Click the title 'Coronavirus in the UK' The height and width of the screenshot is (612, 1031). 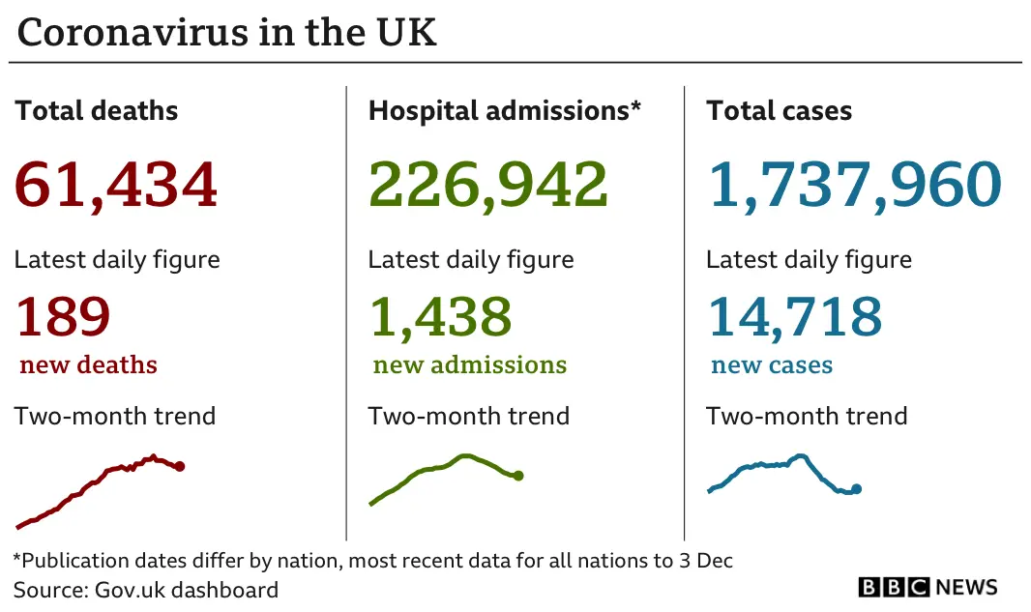tap(227, 33)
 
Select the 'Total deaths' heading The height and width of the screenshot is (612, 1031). tap(97, 110)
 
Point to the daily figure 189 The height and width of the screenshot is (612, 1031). tap(63, 315)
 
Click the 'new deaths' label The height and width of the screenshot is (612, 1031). tap(88, 364)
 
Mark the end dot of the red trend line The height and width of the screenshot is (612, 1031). tap(180, 466)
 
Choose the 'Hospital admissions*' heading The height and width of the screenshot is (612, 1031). tap(504, 110)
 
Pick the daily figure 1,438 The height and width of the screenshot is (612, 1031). tap(440, 315)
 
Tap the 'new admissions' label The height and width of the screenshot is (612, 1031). tap(470, 364)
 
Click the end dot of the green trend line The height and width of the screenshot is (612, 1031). tap(518, 476)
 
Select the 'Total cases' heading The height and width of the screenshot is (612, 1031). tap(779, 110)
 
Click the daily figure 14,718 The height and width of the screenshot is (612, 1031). tap(794, 315)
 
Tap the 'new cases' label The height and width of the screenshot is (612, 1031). tap(772, 364)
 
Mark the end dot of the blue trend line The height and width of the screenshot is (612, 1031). tap(856, 489)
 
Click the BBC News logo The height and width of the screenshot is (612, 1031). tap(928, 587)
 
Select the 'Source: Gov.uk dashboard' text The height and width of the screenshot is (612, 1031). tap(146, 590)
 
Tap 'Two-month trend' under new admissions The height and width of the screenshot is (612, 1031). tap(469, 417)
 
